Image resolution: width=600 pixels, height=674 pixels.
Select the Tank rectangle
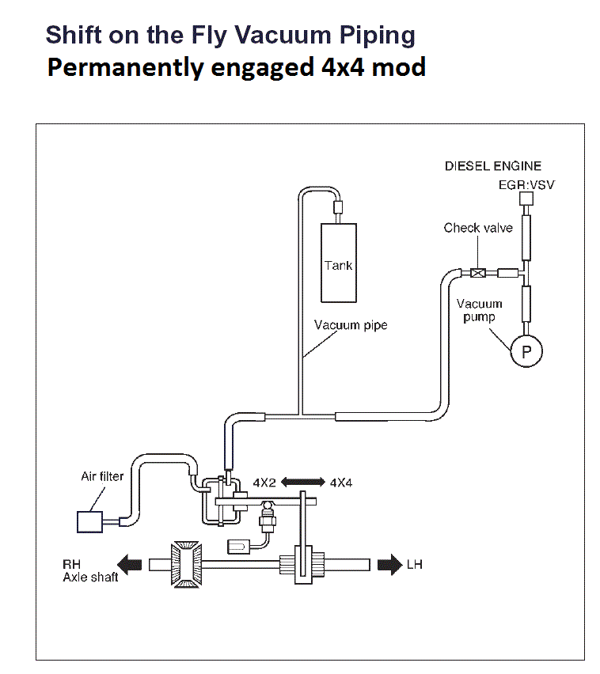tap(338, 262)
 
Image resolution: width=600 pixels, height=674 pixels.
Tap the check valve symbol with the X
tap(477, 274)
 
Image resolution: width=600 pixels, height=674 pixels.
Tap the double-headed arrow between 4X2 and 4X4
tap(302, 481)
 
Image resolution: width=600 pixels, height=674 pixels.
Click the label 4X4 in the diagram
tap(341, 482)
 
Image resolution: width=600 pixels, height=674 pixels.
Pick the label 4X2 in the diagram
tap(264, 482)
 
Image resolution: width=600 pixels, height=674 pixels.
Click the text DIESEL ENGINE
tap(493, 166)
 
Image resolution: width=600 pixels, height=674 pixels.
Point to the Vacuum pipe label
tap(351, 325)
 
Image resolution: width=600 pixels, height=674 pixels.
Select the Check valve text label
tap(478, 228)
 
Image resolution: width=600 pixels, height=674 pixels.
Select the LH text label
tap(415, 566)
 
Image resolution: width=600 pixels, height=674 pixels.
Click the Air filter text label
tap(102, 477)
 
